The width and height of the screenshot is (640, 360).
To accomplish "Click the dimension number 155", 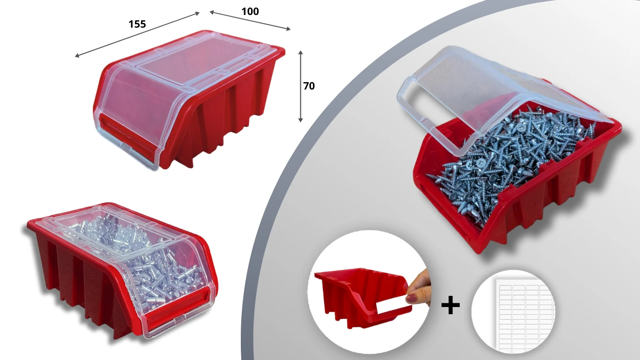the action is point(137,24).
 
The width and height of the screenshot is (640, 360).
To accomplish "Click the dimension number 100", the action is point(250,11).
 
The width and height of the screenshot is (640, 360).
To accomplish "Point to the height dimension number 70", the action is point(309,86).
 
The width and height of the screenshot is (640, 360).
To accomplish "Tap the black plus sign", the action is point(451,305).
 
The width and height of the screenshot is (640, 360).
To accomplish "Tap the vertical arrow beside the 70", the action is point(300,86).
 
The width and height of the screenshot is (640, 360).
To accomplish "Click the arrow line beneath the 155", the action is point(137,34).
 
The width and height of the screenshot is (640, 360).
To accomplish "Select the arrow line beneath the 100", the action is point(250,20).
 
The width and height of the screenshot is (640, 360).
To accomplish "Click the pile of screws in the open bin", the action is point(512,160).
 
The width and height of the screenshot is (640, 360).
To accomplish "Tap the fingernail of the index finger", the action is point(412,298).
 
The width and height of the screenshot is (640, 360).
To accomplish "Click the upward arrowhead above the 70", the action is point(300,52).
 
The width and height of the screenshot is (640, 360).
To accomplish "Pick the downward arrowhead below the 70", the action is point(300,120).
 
